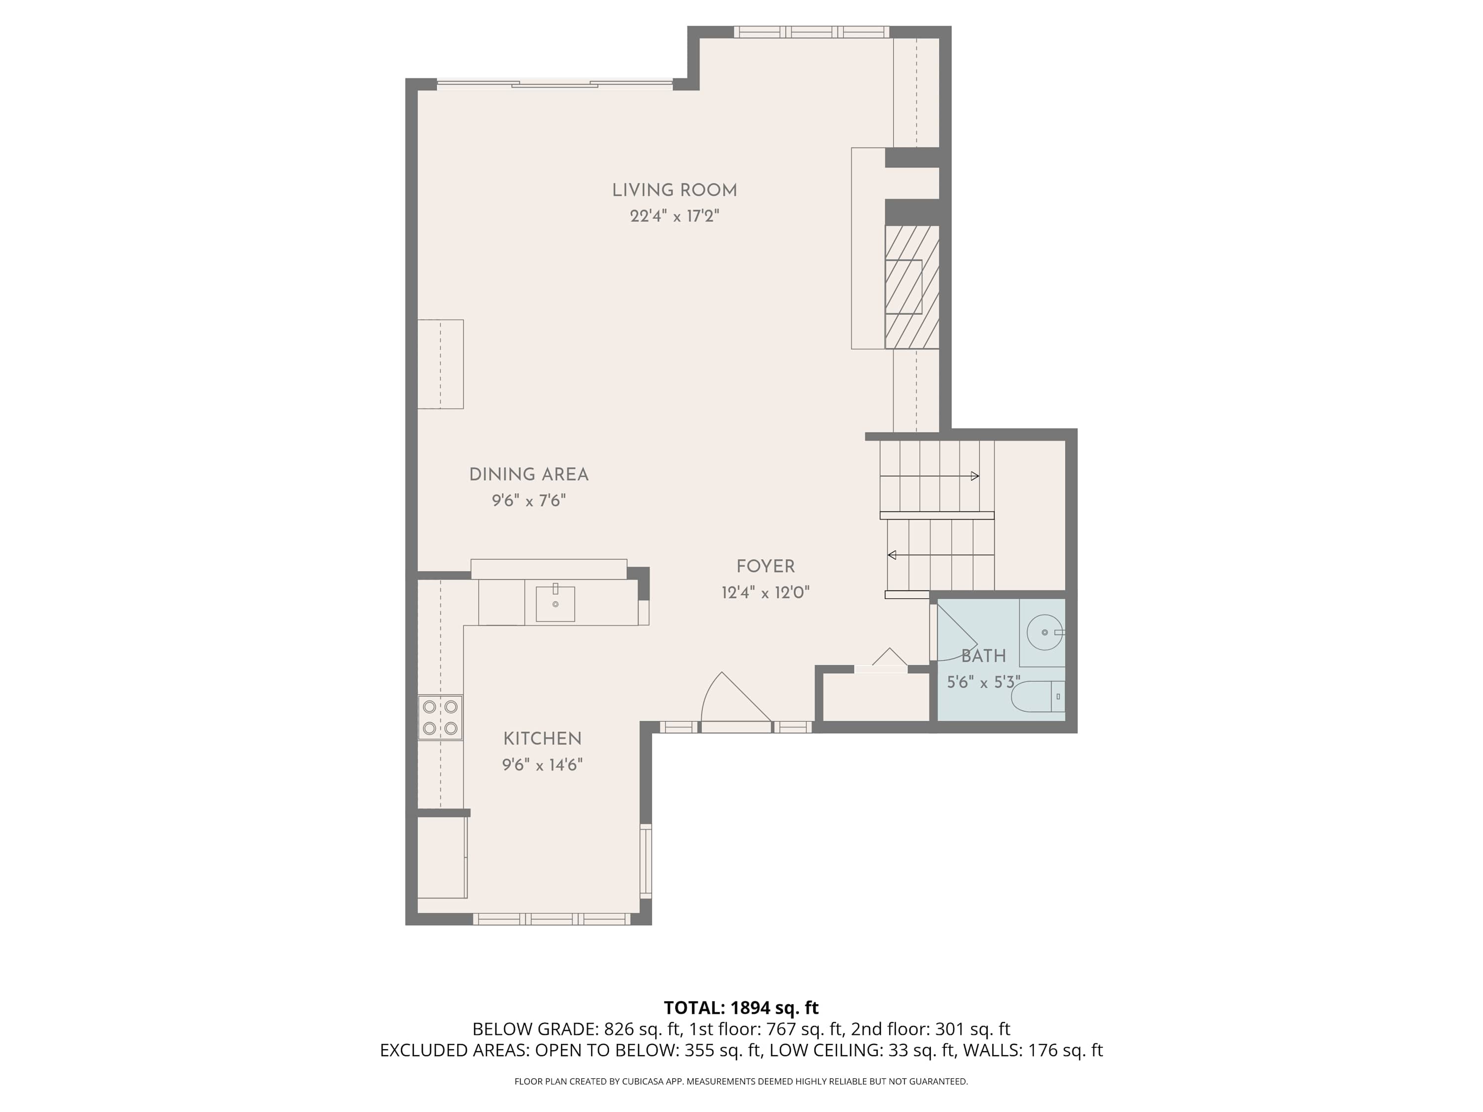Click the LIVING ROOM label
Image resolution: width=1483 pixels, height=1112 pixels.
(674, 190)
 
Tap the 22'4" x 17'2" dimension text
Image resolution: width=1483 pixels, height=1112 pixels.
(674, 216)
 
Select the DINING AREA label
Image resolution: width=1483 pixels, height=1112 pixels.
(528, 474)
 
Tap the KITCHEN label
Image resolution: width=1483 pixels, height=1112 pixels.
(542, 739)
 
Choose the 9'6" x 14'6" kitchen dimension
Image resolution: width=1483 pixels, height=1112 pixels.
(542, 765)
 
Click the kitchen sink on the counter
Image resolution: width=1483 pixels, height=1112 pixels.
(555, 603)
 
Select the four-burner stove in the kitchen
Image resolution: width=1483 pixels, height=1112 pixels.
(440, 717)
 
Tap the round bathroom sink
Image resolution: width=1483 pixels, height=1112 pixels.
(1045, 632)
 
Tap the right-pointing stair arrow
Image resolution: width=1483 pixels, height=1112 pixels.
(975, 476)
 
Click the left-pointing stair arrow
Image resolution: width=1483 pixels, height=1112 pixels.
(892, 555)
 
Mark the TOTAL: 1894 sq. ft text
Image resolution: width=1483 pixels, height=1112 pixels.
(741, 1007)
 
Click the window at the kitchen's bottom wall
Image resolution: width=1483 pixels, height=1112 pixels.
(552, 919)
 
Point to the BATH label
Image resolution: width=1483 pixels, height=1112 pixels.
(984, 656)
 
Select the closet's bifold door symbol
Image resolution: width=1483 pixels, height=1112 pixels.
(890, 658)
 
